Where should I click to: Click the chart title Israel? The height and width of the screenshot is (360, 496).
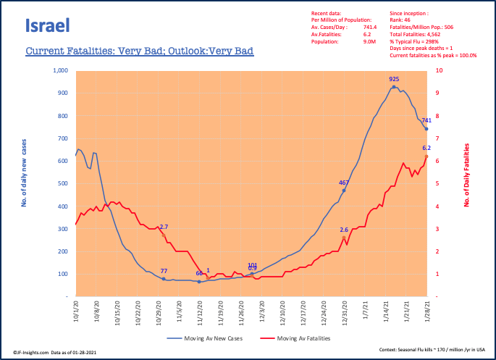click(47, 27)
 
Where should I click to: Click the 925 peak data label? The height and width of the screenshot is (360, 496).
click(394, 79)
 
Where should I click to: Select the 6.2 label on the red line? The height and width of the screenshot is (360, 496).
click(427, 148)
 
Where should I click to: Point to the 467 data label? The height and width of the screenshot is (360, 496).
click(345, 183)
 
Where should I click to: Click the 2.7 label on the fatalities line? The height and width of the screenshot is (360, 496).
click(164, 227)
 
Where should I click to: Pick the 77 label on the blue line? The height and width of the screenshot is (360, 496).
click(164, 270)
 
